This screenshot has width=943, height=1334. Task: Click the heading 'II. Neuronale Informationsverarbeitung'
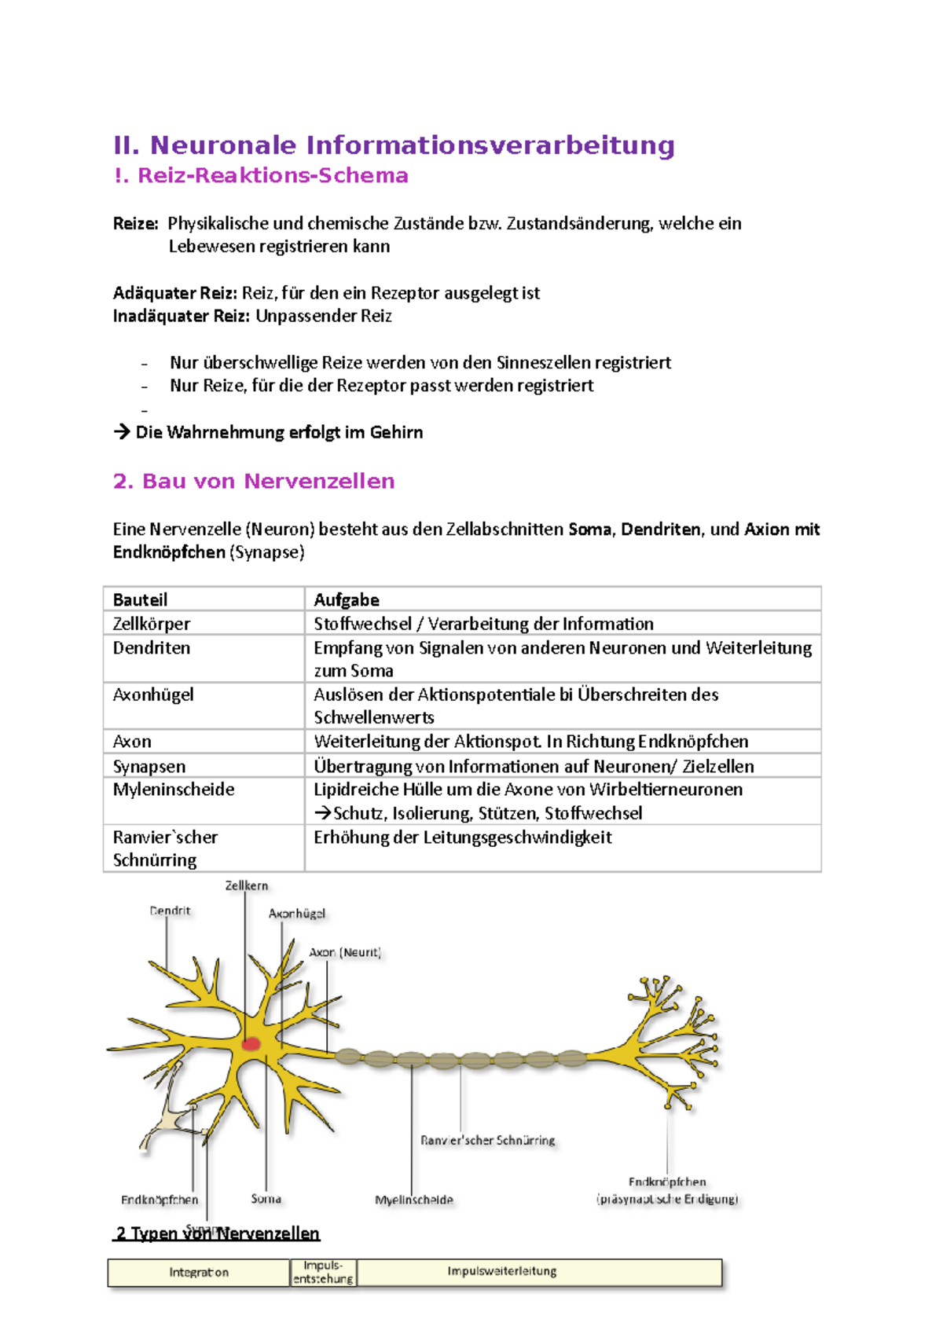click(394, 145)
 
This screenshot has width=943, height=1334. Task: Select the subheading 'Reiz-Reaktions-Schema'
click(273, 175)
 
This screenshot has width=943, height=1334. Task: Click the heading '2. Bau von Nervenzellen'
click(254, 481)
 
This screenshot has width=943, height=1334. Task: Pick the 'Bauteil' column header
click(140, 599)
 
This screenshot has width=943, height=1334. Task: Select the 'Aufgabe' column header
click(346, 599)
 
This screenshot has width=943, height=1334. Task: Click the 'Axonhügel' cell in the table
click(152, 694)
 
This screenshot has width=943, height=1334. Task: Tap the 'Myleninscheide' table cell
click(173, 789)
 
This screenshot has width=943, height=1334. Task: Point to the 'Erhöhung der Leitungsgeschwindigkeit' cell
click(462, 837)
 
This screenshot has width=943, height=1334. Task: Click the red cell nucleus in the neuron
click(251, 1044)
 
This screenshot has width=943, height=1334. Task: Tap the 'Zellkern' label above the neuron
click(247, 885)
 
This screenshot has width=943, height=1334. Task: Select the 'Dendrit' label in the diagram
click(170, 911)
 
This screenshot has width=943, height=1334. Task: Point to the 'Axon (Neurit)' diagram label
click(344, 952)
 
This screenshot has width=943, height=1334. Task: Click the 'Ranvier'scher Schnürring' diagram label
click(487, 1140)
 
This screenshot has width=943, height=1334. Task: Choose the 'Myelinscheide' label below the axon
click(413, 1200)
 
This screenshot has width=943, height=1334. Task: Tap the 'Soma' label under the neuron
click(266, 1199)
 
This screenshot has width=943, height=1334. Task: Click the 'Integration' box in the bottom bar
click(199, 1272)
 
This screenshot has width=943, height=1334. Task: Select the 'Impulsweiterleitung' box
click(501, 1271)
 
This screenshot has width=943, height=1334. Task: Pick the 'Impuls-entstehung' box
click(323, 1272)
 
